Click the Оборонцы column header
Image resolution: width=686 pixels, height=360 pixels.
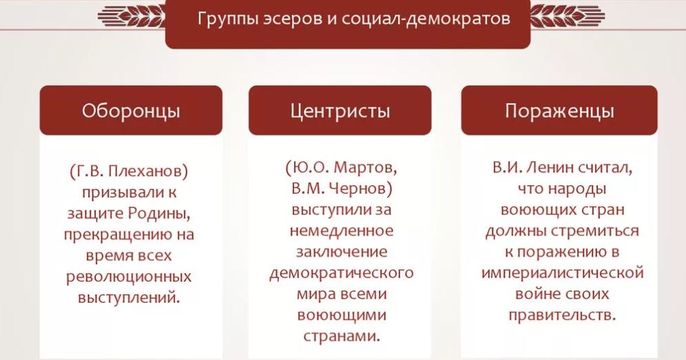pos(131,110)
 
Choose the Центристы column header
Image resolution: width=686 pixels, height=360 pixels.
pos(340,110)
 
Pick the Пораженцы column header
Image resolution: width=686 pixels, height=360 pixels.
pos(559,110)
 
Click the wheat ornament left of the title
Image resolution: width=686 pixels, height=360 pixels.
pos(132,17)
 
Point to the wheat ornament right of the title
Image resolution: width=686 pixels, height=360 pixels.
pos(568,17)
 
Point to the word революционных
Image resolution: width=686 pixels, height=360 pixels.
pos(129,277)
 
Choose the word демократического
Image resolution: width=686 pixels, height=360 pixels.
pos(341,273)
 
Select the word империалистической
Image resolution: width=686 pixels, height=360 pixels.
pos(562,273)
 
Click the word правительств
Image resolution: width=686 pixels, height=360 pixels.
pos(562,315)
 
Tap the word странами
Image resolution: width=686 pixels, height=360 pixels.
pos(341,337)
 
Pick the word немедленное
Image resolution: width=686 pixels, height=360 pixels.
pos(341,231)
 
